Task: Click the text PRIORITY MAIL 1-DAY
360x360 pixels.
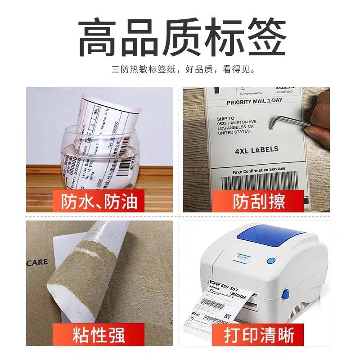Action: [254, 102]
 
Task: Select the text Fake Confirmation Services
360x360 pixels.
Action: [258, 170]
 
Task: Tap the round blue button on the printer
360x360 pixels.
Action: [271, 260]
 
